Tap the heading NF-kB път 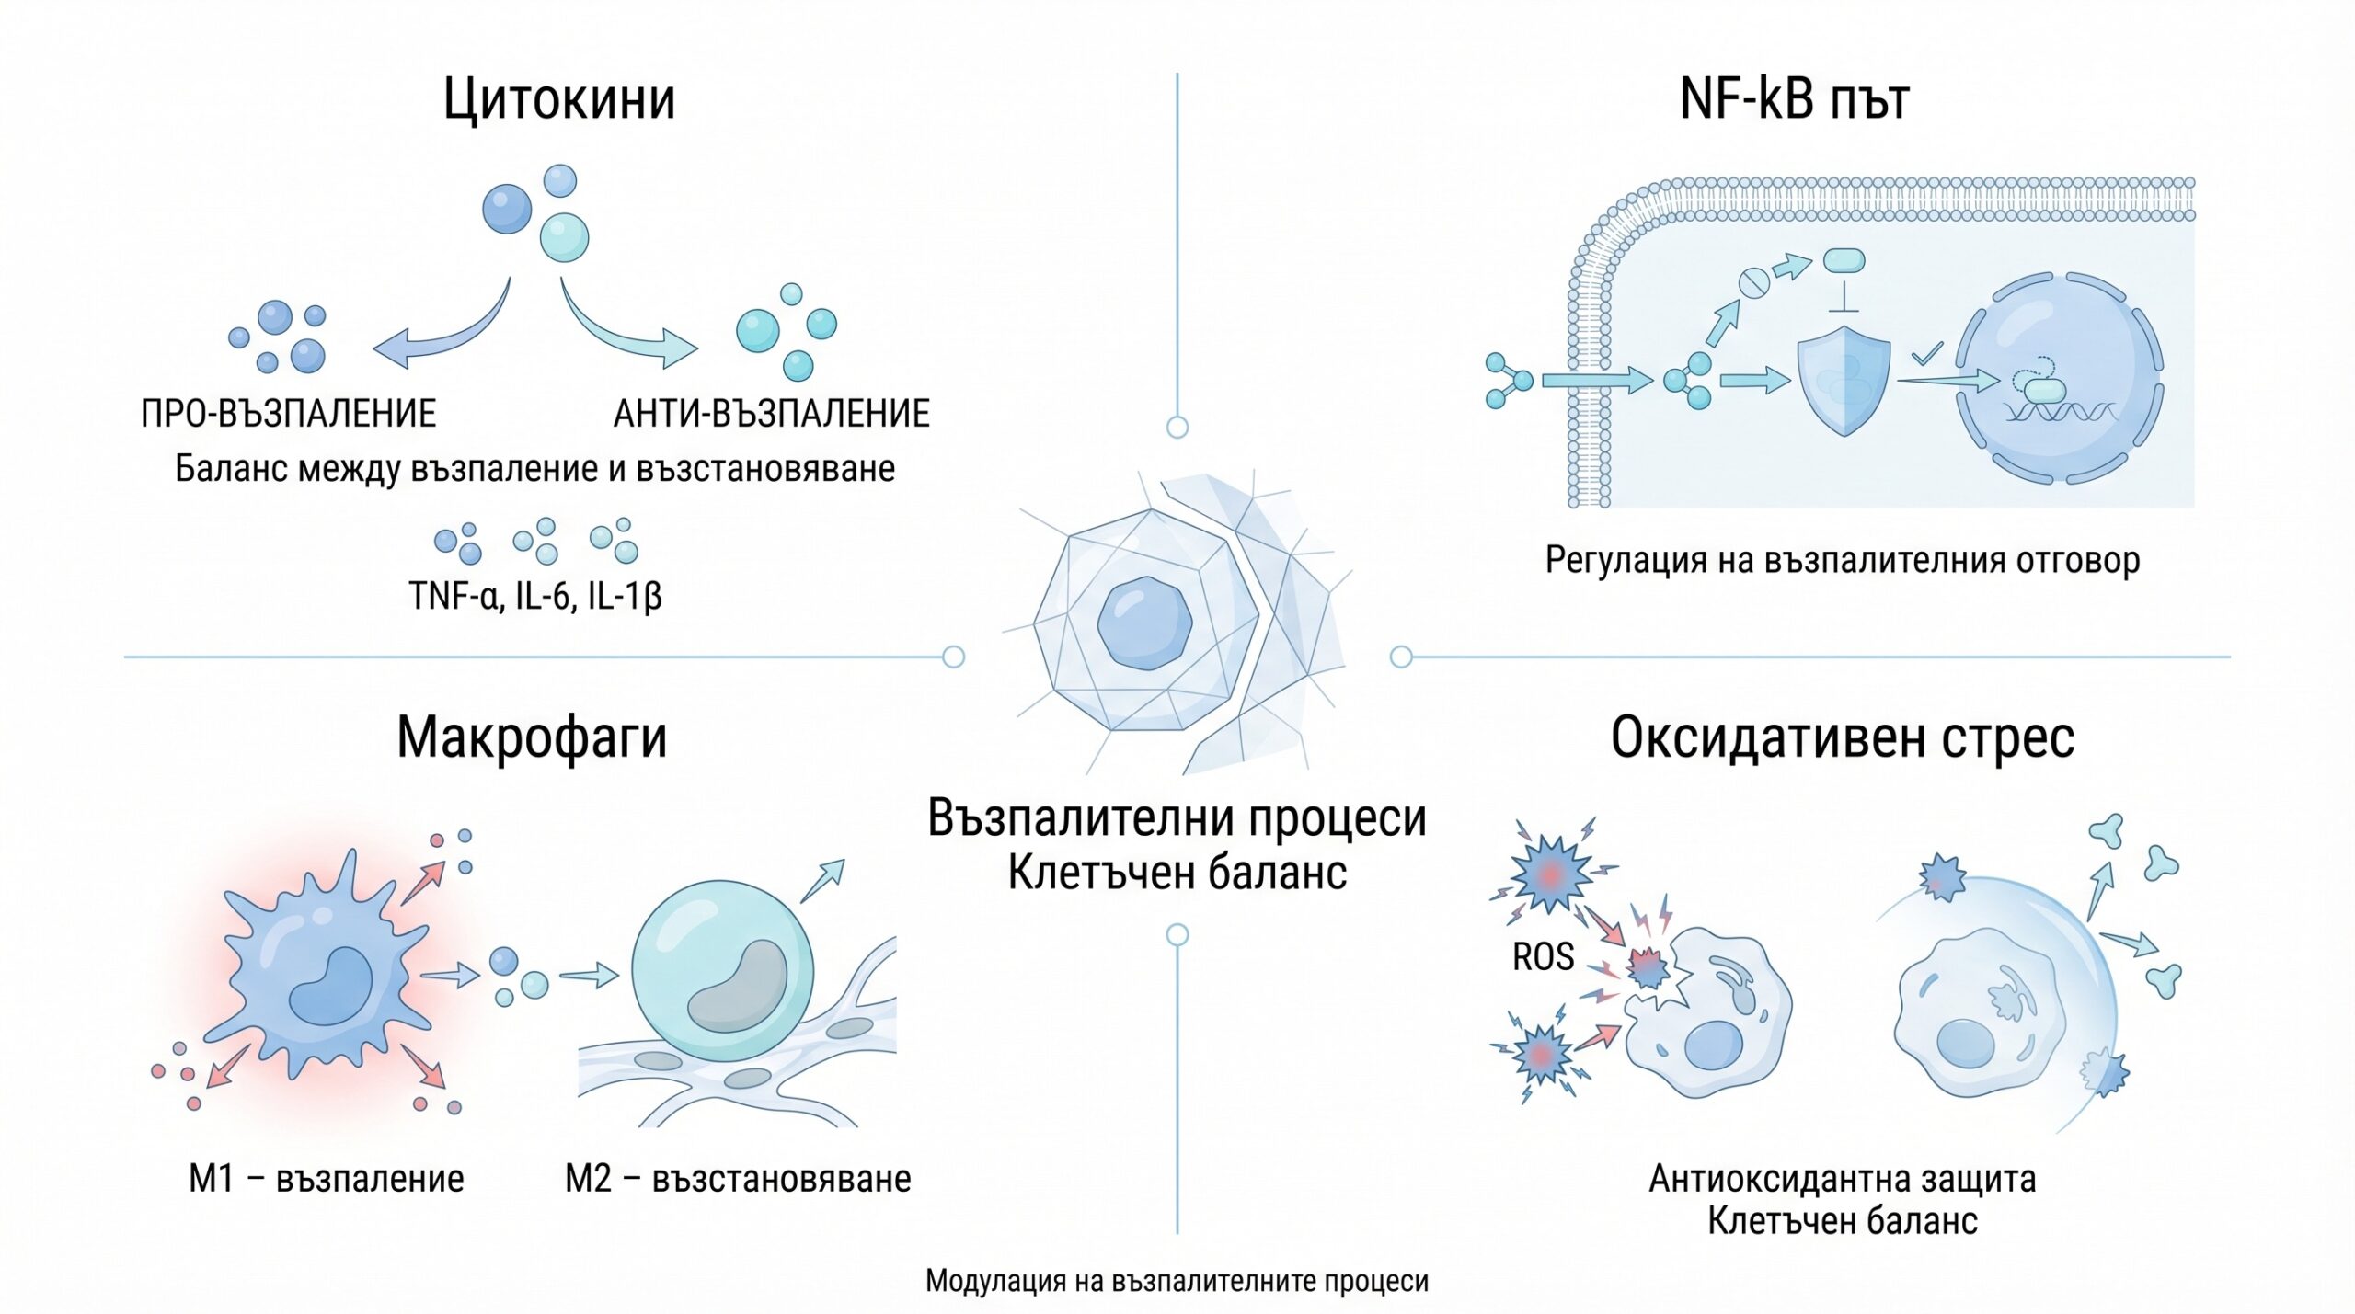point(1795,98)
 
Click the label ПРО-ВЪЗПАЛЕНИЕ point(288,414)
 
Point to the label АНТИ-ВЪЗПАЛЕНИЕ point(772,414)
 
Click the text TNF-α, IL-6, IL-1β point(535,596)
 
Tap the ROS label point(1543,957)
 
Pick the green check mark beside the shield point(1926,352)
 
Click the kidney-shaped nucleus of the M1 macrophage point(331,986)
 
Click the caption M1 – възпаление point(327,1179)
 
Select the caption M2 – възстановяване point(738,1179)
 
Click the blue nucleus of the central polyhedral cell point(1144,623)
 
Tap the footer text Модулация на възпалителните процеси point(1177,1281)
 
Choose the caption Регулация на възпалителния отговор point(1843,560)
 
